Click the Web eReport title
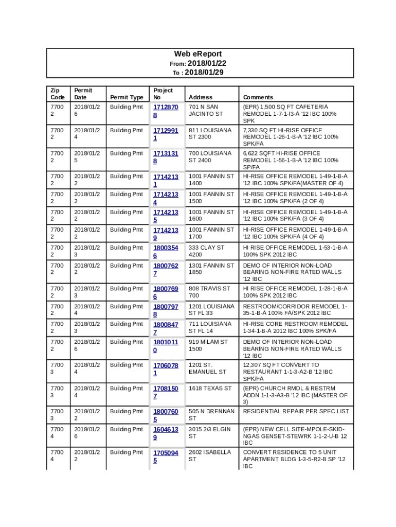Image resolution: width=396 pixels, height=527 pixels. [x=197, y=54]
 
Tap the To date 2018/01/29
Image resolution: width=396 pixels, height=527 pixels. [x=204, y=73]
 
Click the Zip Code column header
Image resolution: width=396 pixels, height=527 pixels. [x=57, y=94]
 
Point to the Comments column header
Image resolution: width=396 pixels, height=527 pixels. [x=258, y=97]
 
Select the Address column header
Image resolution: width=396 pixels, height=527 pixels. [x=201, y=97]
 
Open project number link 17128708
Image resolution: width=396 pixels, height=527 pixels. [x=165, y=111]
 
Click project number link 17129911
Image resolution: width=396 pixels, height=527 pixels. [x=165, y=134]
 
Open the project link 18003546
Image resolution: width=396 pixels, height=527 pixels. [x=165, y=252]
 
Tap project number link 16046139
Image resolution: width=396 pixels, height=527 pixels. [x=165, y=433]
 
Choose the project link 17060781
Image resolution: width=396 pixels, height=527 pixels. [x=165, y=369]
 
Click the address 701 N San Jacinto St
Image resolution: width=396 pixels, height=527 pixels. [x=206, y=110]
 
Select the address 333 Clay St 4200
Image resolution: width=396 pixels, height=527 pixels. [x=207, y=251]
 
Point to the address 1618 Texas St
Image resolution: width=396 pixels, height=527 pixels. [x=210, y=389]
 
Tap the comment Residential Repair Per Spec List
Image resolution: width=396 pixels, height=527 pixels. [x=296, y=412]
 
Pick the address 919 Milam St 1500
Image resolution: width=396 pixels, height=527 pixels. [x=208, y=345]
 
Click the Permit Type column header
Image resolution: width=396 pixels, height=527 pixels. [x=127, y=97]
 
